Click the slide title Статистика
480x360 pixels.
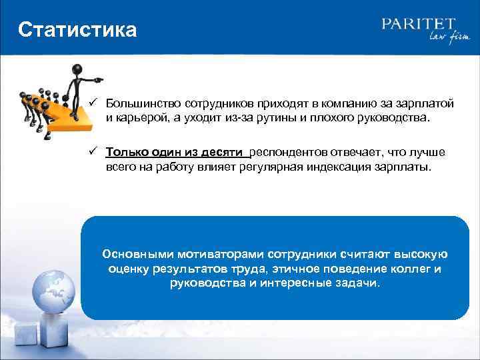(77, 30)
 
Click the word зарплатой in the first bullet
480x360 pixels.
(426, 104)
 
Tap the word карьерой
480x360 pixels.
(139, 118)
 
